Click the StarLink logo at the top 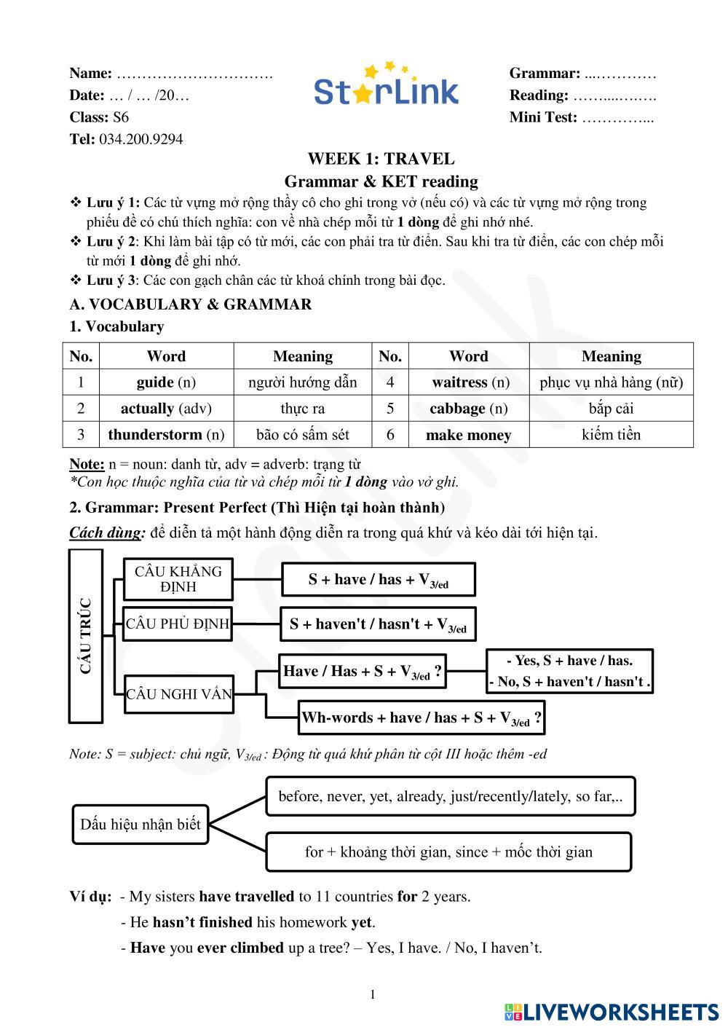[x=387, y=86]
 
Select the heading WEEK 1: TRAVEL [x=381, y=159]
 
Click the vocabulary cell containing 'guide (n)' [x=166, y=382]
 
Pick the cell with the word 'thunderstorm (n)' [x=166, y=435]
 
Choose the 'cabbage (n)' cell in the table [x=468, y=409]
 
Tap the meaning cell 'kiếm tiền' [x=611, y=435]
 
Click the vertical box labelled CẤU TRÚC [x=86, y=636]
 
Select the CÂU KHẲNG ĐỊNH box [x=178, y=579]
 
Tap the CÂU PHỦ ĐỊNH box [x=178, y=624]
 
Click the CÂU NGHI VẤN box [x=179, y=694]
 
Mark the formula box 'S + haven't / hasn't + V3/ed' [x=378, y=624]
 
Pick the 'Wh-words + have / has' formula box [x=421, y=718]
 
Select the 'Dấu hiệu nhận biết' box [x=141, y=825]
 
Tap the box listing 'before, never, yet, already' [x=450, y=796]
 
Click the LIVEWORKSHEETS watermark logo [x=612, y=1012]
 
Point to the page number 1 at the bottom [x=373, y=995]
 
